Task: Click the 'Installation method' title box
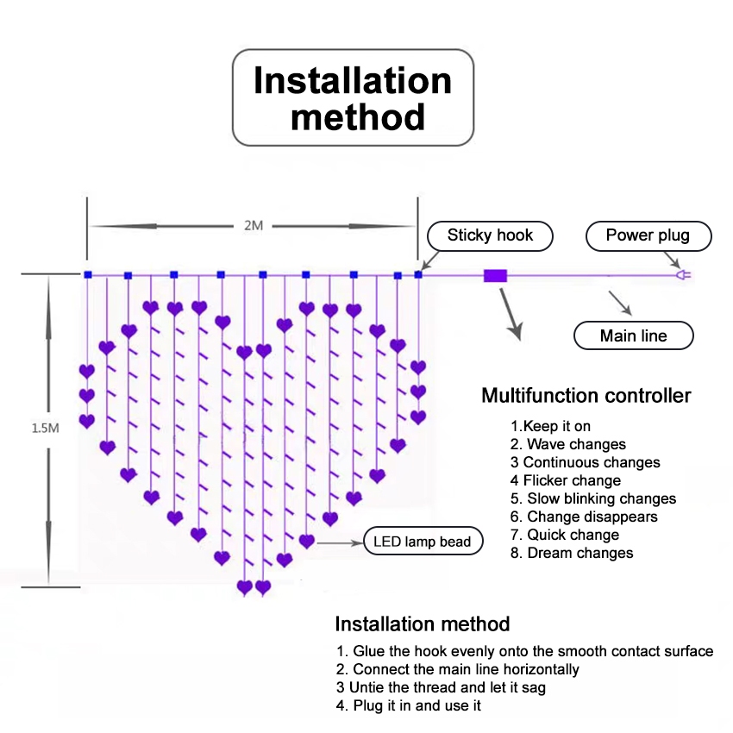point(353,97)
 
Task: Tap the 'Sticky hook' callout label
point(490,235)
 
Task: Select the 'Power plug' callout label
point(648,235)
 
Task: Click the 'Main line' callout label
point(634,335)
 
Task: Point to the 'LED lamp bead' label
point(423,542)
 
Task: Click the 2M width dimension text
point(254,226)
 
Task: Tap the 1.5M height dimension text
point(46,428)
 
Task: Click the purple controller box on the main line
point(495,276)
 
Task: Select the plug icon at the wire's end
point(684,275)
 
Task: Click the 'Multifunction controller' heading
point(586,396)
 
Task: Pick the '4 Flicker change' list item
point(566,480)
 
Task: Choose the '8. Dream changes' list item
point(572,553)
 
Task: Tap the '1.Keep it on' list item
point(550,426)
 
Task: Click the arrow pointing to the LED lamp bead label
point(340,542)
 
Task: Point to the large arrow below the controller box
point(511,314)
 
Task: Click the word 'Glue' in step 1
point(368,651)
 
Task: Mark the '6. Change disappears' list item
point(584,517)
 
